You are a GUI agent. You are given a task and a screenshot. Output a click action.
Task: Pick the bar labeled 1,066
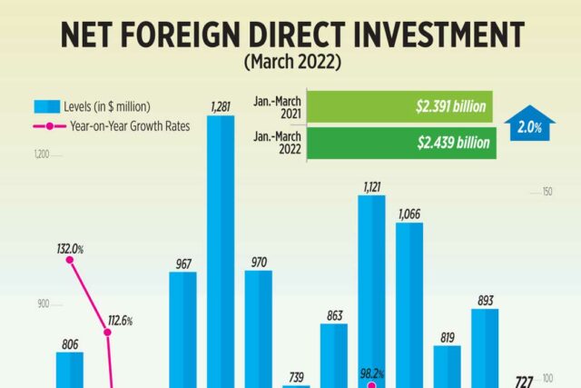[x=409, y=300]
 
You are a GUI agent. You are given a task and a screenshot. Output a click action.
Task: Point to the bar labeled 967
[x=182, y=327]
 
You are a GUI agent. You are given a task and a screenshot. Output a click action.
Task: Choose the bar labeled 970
[x=259, y=327]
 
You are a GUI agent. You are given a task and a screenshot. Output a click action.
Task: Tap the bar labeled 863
[x=334, y=354]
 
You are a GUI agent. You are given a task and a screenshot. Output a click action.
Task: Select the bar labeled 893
[x=485, y=345]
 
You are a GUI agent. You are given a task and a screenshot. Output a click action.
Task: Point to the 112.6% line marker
[x=108, y=333]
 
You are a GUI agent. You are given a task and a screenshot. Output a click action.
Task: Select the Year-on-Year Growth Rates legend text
[x=130, y=126]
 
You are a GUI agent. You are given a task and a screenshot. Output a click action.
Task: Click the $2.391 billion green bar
[x=402, y=105]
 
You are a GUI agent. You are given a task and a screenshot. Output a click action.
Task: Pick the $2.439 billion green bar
[x=402, y=143]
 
